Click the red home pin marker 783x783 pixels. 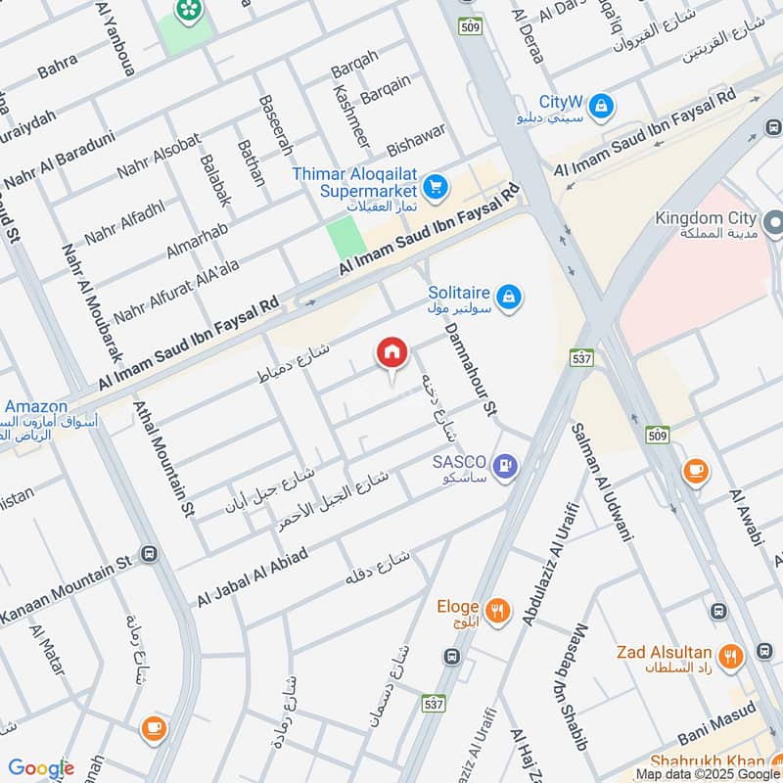[391, 354]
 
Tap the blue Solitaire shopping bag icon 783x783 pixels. [508, 296]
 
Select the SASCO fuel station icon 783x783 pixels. [506, 467]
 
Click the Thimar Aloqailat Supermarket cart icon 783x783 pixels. [436, 186]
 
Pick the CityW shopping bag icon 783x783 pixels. [601, 103]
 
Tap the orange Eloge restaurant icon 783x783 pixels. [497, 612]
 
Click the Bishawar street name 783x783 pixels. [416, 138]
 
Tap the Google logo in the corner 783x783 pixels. [41, 768]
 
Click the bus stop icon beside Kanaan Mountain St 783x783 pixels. [150, 554]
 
